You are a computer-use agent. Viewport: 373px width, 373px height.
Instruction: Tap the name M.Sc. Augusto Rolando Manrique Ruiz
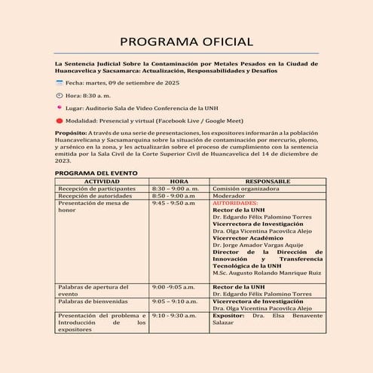tap(268, 273)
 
